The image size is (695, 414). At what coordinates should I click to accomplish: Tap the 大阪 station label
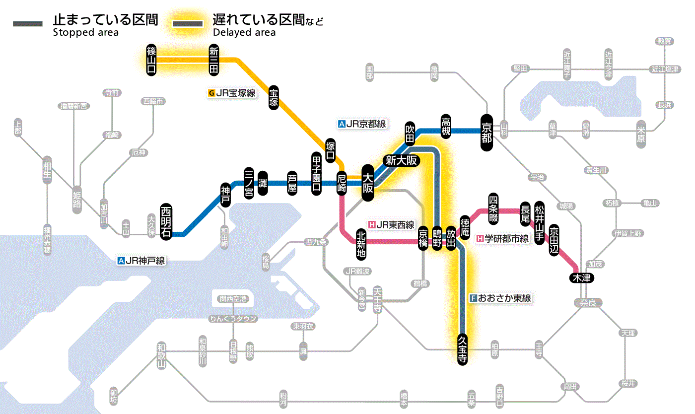coord(368,184)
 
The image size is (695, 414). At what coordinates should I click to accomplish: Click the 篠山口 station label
coord(151,60)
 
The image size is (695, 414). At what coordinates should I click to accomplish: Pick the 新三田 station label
coord(214,60)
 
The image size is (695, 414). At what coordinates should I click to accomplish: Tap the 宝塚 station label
coord(274,97)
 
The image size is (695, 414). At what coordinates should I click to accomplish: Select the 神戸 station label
coord(226,195)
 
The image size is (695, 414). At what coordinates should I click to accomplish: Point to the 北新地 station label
coord(361,244)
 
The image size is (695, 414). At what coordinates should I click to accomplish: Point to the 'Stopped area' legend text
coord(85,33)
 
